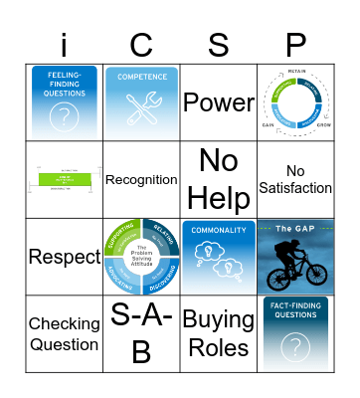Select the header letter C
(140, 43)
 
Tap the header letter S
(218, 43)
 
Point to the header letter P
(295, 43)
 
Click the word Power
(218, 103)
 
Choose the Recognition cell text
(140, 180)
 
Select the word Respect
(64, 257)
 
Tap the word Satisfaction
(295, 188)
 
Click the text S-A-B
(140, 333)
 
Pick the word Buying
(218, 321)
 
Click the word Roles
(218, 347)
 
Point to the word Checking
(64, 323)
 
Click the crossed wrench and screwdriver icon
(140, 110)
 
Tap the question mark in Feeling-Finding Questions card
(64, 116)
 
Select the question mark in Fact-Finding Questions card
(295, 347)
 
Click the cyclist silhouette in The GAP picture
(291, 266)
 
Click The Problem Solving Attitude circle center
(140, 256)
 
